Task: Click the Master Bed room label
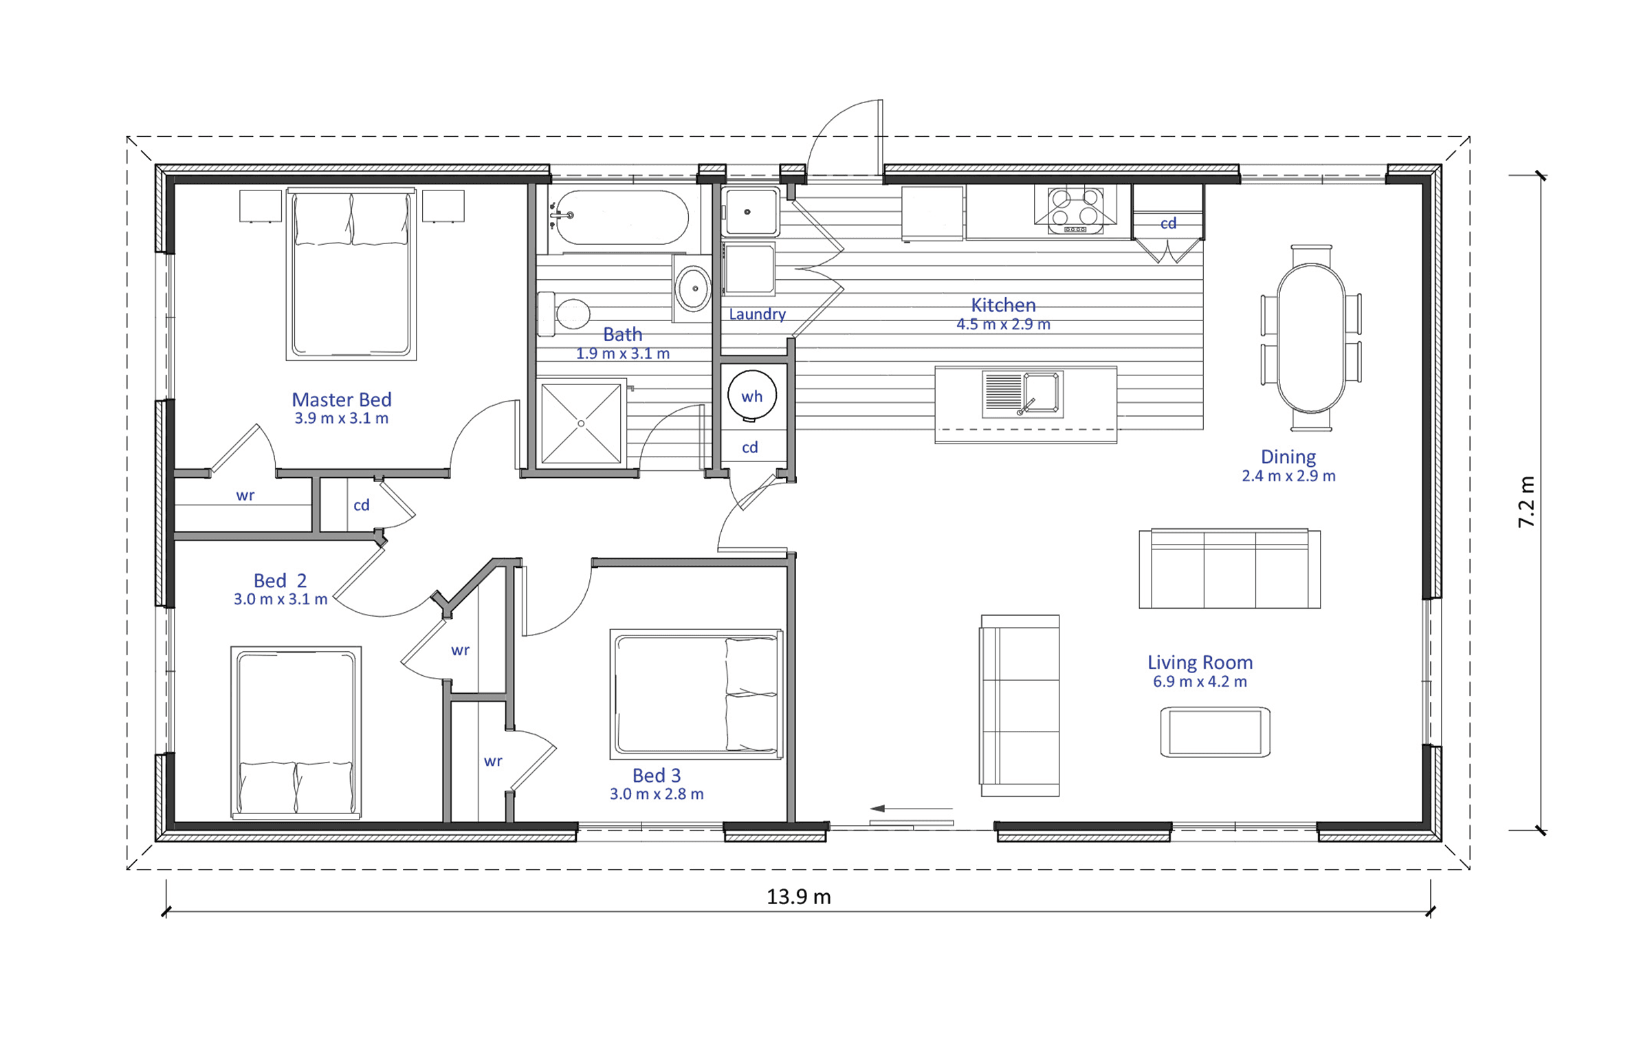click(x=342, y=399)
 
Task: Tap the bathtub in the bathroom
click(x=622, y=217)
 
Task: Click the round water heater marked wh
click(x=752, y=395)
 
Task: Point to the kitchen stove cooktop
click(x=1075, y=210)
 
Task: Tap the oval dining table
click(x=1311, y=338)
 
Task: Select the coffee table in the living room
click(x=1215, y=732)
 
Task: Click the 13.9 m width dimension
click(x=799, y=897)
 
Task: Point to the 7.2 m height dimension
click(x=1526, y=502)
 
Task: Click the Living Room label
click(x=1200, y=662)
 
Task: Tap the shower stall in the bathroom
click(x=581, y=424)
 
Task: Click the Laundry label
click(x=757, y=314)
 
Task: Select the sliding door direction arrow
click(x=911, y=809)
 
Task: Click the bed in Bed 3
click(x=696, y=694)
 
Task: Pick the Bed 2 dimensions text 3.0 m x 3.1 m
click(x=280, y=599)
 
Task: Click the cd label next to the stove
click(x=1168, y=223)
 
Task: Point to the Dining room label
click(x=1288, y=457)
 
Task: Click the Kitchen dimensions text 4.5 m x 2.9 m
click(x=1003, y=324)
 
